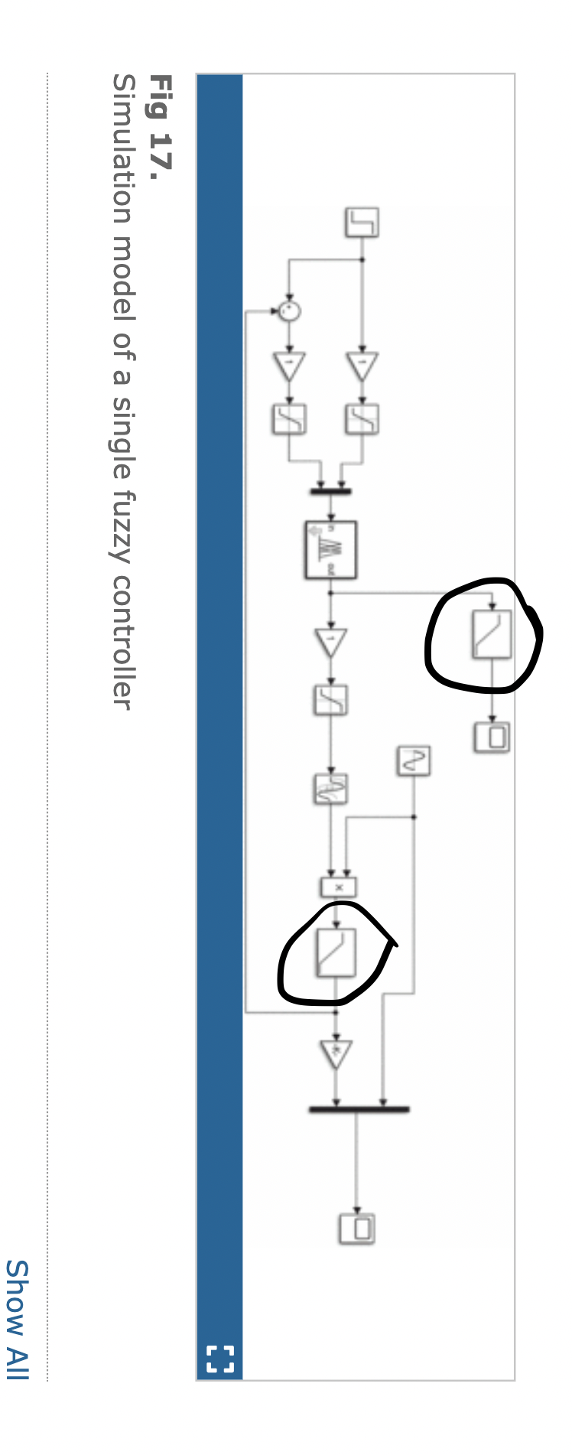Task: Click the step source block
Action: (x=362, y=222)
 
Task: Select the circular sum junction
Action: (x=289, y=311)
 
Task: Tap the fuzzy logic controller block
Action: (x=330, y=549)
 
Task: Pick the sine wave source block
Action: (x=413, y=760)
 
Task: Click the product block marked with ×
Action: (x=338, y=887)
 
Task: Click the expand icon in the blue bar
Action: (x=220, y=1359)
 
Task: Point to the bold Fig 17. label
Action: (x=160, y=122)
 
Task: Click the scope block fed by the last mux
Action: (x=356, y=1228)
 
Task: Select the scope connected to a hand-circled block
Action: (x=492, y=737)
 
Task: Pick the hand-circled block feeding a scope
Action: (x=492, y=634)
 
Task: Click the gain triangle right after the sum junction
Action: (x=289, y=366)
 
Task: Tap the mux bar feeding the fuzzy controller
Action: (x=330, y=491)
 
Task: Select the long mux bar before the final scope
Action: (x=359, y=1108)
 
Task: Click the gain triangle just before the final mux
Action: (x=336, y=1054)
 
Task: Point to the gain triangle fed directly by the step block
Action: (x=362, y=366)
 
